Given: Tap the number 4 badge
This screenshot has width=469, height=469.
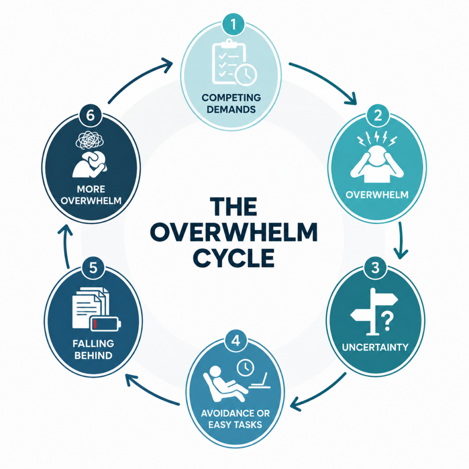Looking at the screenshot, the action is pos(236,341).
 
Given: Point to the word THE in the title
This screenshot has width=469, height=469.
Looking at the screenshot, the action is pos(233,207).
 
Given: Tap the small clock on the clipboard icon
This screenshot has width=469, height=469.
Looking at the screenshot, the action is pos(246,74).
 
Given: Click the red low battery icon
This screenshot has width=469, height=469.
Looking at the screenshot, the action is pos(106,324).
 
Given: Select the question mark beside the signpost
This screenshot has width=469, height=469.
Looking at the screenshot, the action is pos(387,320).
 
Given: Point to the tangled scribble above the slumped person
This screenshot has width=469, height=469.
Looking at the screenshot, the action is pos(90,140).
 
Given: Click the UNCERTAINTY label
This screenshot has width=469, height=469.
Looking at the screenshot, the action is pos(375,347).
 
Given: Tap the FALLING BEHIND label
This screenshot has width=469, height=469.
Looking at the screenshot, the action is pos(93,349).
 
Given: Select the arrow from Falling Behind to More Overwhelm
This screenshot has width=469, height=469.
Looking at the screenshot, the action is pos(65,246).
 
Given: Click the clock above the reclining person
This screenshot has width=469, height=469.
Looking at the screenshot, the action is pos(245,368).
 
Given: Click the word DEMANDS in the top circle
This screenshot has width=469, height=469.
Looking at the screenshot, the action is pos(231,109).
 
